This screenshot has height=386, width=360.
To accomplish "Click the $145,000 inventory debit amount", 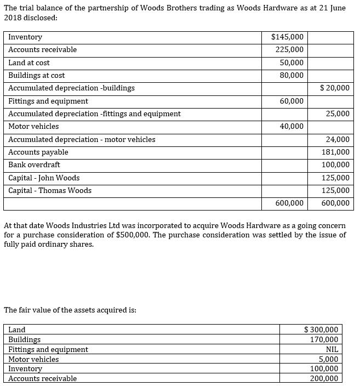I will tap(288, 37).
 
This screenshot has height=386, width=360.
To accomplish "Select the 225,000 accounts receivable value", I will tap(291, 49).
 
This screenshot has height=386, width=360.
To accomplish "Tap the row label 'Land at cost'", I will tap(29, 63).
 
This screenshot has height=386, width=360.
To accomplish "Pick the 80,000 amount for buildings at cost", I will tap(292, 75).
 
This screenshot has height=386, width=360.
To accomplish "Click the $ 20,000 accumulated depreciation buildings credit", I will tap(334, 88).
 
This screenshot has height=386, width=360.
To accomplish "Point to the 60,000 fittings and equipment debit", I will tap(292, 101).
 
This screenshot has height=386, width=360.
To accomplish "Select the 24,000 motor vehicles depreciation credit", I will tap(338, 139).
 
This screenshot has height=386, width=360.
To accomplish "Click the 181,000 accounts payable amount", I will tap(335, 152).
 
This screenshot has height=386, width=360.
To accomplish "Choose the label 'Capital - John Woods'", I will tap(44, 178).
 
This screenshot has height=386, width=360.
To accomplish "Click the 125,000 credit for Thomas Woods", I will tap(335, 190).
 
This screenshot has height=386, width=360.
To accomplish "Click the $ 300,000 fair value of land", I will tap(321, 330).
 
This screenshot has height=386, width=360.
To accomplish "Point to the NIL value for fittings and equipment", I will tap(332, 349).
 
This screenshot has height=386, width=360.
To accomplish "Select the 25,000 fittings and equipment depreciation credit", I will tap(338, 113).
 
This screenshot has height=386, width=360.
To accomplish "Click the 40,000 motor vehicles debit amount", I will tap(292, 126).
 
